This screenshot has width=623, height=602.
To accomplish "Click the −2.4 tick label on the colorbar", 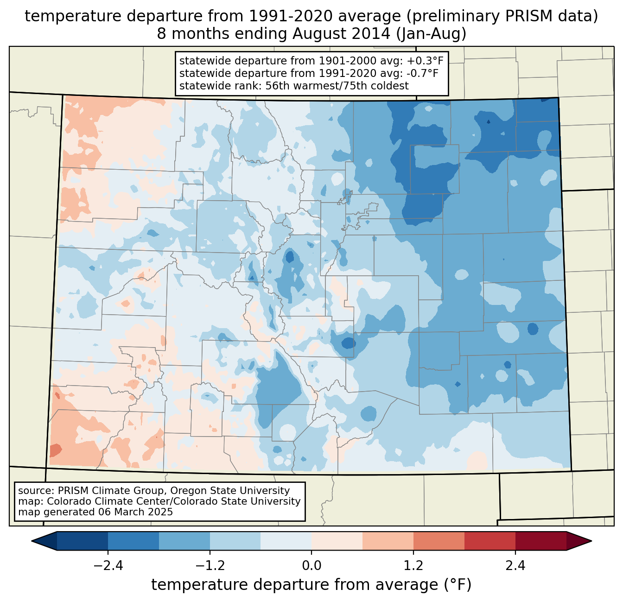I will [x=108, y=566].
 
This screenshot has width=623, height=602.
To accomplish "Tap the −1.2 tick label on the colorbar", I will [x=210, y=566].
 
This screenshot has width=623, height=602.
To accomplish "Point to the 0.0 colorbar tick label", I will [x=311, y=566].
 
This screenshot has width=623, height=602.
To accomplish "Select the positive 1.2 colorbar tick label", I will [x=413, y=566].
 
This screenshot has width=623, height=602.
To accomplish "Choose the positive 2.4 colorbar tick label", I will [x=515, y=566].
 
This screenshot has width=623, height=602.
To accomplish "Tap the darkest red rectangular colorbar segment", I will [x=540, y=541].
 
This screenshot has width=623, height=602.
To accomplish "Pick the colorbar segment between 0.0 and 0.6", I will [x=337, y=541].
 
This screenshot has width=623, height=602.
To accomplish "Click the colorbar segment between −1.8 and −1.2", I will [x=184, y=541].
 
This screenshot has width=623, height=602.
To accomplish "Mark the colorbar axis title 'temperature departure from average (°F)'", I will [x=311, y=585].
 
